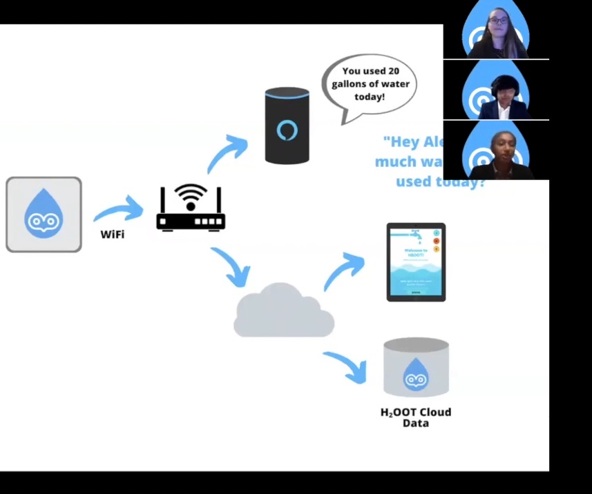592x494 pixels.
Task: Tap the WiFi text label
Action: [113, 235]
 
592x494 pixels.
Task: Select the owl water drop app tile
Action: [44, 215]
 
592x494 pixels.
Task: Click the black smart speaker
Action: [287, 126]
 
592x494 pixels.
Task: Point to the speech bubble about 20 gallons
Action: [370, 85]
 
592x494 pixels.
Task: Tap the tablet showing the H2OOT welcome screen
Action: [416, 261]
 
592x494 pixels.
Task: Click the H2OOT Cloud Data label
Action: [416, 417]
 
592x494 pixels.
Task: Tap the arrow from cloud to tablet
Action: [344, 270]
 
